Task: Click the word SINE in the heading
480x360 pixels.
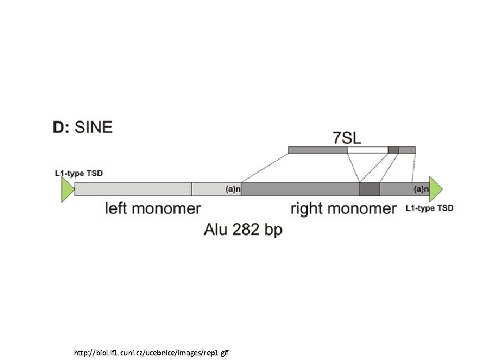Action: click(95, 127)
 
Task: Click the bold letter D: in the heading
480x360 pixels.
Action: click(61, 127)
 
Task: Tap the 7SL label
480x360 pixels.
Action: click(348, 138)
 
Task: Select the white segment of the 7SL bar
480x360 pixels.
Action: click(367, 150)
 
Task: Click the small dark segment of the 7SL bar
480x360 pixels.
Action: click(393, 150)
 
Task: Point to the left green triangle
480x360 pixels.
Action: click(66, 189)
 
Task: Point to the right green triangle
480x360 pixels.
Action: click(436, 189)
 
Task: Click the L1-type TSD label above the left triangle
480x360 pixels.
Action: click(79, 173)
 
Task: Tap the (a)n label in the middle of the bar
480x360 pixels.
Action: click(233, 189)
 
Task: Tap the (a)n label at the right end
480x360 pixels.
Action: click(421, 189)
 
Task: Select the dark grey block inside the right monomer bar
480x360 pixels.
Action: click(369, 189)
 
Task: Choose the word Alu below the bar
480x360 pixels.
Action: click(215, 230)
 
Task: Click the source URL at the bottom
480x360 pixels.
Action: click(152, 351)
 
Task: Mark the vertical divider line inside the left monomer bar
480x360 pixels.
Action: click(191, 189)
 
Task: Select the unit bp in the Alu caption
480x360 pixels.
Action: click(273, 231)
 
